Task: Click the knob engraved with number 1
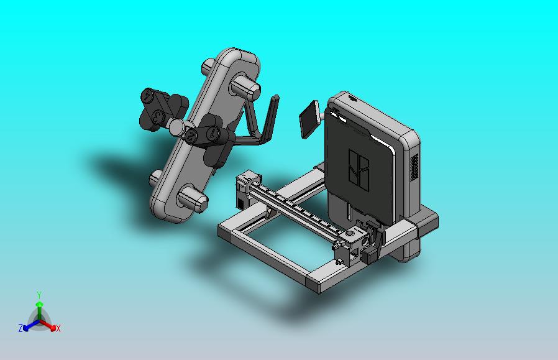tap(213, 133)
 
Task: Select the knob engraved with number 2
tap(191, 136)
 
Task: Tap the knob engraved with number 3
tap(158, 116)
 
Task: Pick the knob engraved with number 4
tap(148, 96)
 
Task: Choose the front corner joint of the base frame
tap(318, 285)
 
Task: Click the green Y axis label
tap(39, 294)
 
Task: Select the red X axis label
tap(58, 328)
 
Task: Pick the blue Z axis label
tap(20, 328)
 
